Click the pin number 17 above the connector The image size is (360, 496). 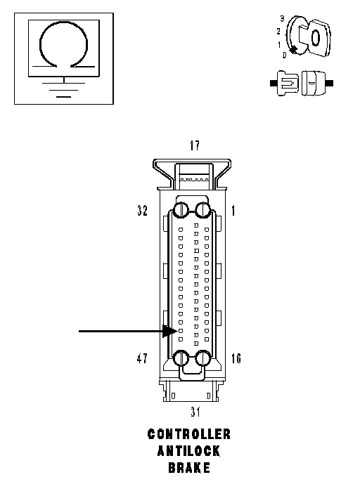pos(195,145)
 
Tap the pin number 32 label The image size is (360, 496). pos(143,210)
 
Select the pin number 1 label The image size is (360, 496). pos(233,211)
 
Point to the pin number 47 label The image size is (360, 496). pos(142,358)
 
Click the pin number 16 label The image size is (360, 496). pos(236,358)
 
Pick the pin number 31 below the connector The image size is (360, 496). pos(195,412)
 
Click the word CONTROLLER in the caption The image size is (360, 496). pos(189,434)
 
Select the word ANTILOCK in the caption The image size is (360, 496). pos(188,451)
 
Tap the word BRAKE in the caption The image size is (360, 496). pos(189,467)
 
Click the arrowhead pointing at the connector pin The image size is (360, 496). pos(169,331)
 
